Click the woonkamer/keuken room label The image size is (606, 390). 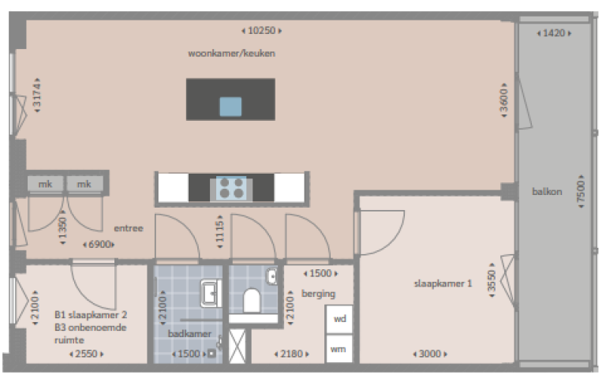pyautogui.click(x=230, y=54)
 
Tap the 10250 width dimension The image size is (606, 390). pyautogui.click(x=261, y=31)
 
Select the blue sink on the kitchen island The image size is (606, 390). pyautogui.click(x=230, y=107)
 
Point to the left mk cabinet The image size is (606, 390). pyautogui.click(x=44, y=184)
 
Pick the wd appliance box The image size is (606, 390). pyautogui.click(x=339, y=319)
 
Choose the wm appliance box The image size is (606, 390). pyautogui.click(x=339, y=348)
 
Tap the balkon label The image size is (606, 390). pyautogui.click(x=547, y=191)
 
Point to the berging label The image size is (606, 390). pyautogui.click(x=318, y=294)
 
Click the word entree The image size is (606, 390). pyautogui.click(x=128, y=229)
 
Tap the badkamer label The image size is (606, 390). pyautogui.click(x=189, y=334)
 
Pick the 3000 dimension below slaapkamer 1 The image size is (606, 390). pyautogui.click(x=430, y=354)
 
